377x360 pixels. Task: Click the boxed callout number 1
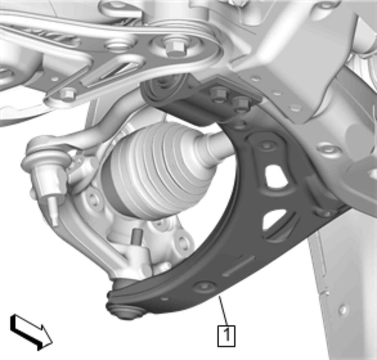[x=226, y=336]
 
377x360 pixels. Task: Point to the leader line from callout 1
[x=223, y=310]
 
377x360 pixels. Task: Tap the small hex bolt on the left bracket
[x=67, y=94]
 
